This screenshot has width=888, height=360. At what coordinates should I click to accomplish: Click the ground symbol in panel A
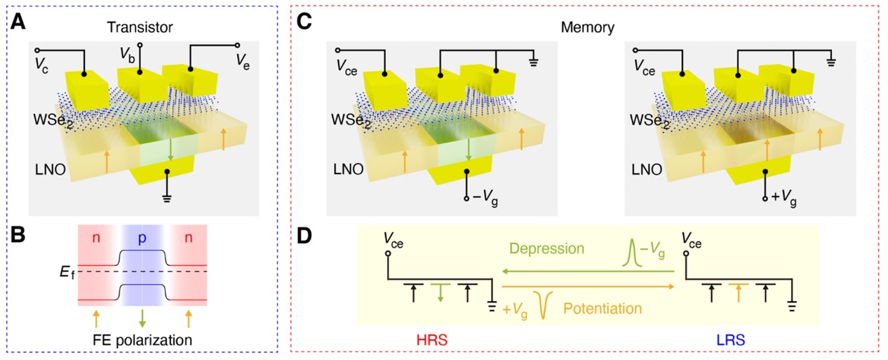click(x=168, y=199)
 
